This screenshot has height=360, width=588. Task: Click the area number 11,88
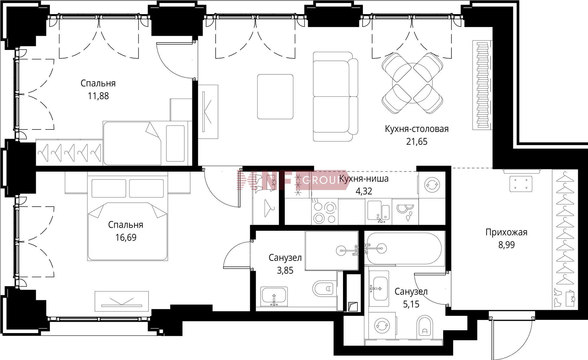coord(98,96)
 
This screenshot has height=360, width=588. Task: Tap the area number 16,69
coord(126,238)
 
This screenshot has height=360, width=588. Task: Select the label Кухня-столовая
coord(417,129)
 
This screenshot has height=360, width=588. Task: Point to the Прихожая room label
coord(506,232)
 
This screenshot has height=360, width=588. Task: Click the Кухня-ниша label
coord(364,179)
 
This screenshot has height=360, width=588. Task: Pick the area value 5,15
coord(411,304)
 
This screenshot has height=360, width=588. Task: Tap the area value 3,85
coord(285,271)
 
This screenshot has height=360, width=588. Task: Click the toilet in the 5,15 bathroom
coord(424,327)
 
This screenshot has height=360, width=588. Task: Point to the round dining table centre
coord(412,83)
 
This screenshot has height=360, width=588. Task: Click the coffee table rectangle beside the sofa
coord(275,96)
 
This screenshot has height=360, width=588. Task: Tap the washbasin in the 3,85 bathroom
coord(274,297)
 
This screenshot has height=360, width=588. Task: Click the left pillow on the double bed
coord(109,188)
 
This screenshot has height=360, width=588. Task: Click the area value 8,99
coord(506,245)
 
